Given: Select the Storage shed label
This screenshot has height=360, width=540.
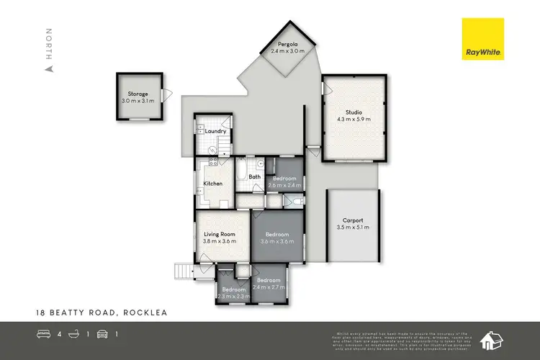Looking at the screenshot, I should click(x=138, y=94).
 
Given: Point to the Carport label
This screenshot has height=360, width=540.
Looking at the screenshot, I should click(x=352, y=220).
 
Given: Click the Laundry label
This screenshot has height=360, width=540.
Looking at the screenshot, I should click(x=216, y=131).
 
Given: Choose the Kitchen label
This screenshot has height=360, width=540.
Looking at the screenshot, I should click(x=214, y=184).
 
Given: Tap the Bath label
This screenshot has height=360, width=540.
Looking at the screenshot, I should click(x=254, y=176).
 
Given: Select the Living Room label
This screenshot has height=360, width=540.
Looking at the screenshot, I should click(x=219, y=234).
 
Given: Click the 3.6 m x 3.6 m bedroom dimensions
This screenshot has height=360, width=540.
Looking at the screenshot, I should click(x=276, y=242).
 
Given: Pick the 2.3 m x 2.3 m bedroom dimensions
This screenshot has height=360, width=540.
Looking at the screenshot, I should click(x=233, y=296).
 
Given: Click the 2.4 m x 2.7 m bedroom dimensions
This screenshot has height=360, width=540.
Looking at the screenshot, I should click(x=269, y=287).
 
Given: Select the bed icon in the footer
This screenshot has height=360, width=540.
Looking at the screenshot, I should click(x=43, y=334).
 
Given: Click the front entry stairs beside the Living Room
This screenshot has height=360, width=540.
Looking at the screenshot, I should click(x=184, y=271).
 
